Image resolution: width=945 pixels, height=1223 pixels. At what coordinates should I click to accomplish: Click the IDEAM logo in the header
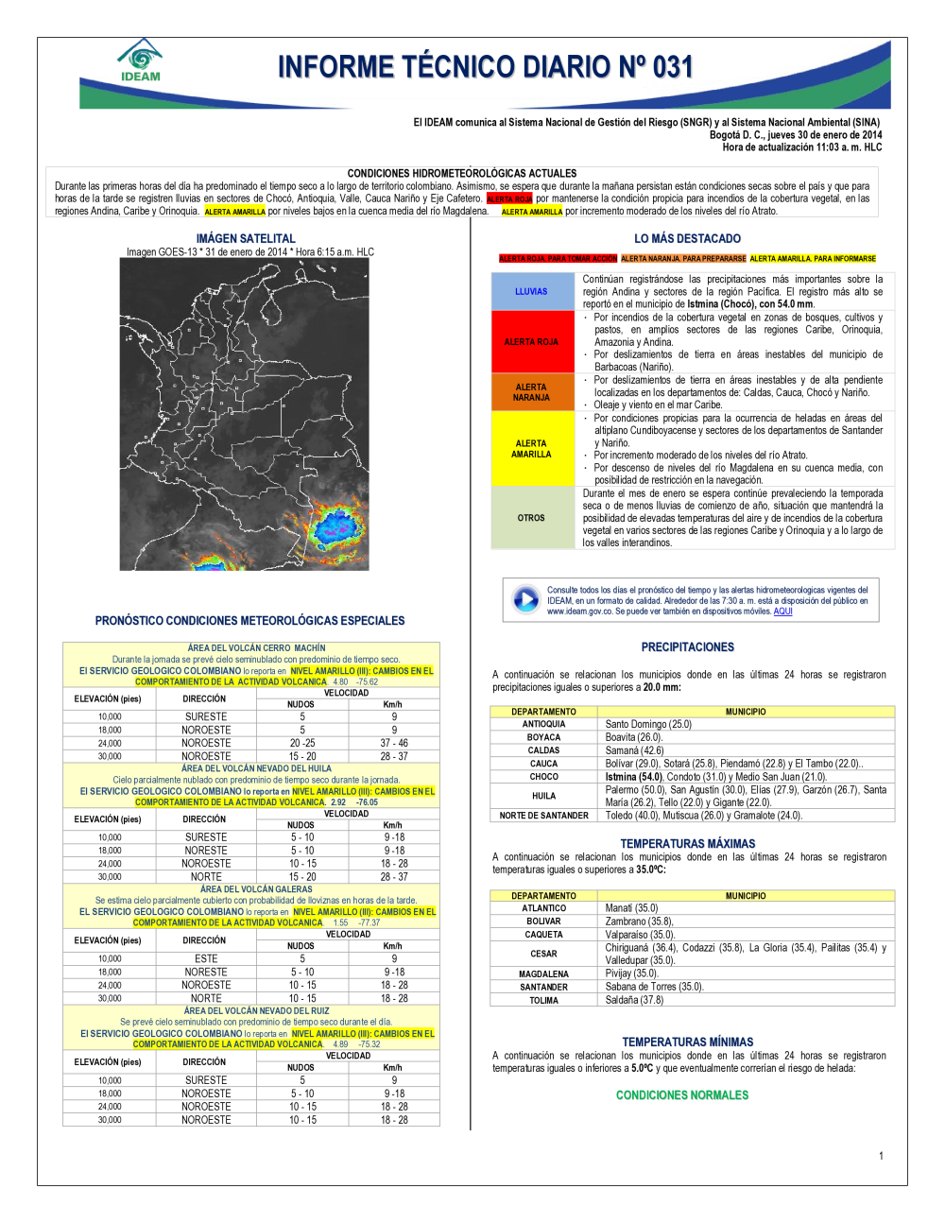tap(140, 60)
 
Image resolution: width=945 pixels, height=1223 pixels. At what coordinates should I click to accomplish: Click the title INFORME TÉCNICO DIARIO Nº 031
tap(485, 67)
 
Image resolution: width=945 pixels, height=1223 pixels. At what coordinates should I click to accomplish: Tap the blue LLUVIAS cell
tap(531, 291)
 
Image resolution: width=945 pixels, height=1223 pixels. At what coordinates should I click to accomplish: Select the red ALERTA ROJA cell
tap(531, 342)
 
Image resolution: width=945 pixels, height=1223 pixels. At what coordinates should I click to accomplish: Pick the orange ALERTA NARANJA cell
tap(531, 392)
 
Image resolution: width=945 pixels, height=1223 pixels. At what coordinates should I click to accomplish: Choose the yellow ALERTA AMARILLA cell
tap(531, 449)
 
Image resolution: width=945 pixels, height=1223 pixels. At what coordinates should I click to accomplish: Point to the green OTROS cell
tap(531, 518)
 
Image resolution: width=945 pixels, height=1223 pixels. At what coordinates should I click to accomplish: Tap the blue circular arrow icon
tap(525, 599)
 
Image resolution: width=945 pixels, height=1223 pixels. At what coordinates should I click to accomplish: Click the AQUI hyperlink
tap(782, 611)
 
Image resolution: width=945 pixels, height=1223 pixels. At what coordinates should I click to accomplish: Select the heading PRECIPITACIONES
tap(687, 647)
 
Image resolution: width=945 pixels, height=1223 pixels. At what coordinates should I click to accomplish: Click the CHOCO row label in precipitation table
tap(543, 777)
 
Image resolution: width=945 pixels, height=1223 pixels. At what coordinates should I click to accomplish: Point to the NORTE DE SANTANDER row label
tap(543, 816)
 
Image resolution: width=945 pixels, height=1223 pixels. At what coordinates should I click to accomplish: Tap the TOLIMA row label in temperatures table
tap(543, 1000)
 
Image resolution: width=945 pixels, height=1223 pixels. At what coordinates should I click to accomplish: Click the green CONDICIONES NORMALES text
tap(681, 1095)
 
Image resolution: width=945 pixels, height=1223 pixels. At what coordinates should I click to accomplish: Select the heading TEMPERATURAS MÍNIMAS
tap(687, 1042)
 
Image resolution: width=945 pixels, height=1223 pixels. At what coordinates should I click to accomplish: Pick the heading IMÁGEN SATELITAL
tap(246, 239)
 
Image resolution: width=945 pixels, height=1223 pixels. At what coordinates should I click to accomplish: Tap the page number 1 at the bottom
tap(881, 1156)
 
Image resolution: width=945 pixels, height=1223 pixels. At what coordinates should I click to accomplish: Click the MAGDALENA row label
tap(543, 974)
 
